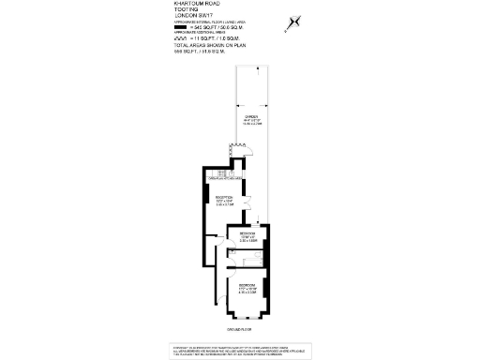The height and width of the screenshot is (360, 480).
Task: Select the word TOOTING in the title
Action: [186, 11]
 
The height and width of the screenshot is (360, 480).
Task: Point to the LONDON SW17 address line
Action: [194, 18]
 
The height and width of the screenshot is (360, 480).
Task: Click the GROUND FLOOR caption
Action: [239, 330]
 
